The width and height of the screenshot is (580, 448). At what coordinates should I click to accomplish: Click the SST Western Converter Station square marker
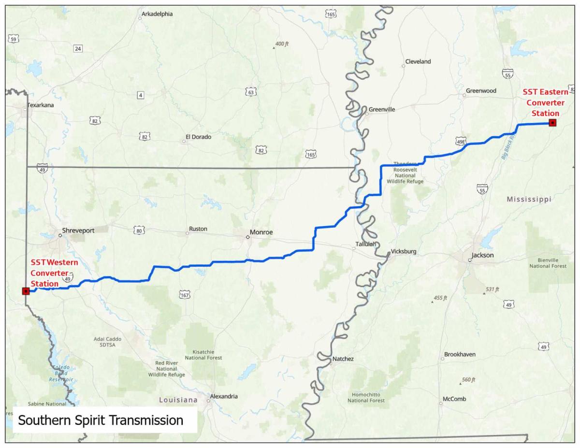[x=26, y=291]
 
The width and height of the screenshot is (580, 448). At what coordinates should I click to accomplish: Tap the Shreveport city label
[x=78, y=231]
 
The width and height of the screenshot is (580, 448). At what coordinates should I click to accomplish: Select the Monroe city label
[x=261, y=232]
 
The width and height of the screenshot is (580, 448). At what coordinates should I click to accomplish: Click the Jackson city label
[x=483, y=255]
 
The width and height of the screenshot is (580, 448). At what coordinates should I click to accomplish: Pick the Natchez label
[x=343, y=359]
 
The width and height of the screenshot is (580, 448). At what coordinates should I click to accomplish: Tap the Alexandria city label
[x=224, y=396]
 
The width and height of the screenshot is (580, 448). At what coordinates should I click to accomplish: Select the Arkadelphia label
[x=157, y=14]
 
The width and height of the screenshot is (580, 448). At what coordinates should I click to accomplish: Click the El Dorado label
[x=198, y=137]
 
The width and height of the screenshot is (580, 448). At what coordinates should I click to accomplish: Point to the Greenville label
[x=381, y=110]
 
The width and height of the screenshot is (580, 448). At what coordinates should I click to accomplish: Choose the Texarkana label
[x=41, y=105]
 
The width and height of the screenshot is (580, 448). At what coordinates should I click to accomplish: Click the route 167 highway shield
[x=185, y=295]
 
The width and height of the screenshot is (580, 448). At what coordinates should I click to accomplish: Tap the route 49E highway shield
[x=461, y=142]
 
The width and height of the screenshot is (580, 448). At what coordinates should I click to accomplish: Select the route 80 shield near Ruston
[x=139, y=231]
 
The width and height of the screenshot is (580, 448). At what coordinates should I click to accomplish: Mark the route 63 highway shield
[x=250, y=92]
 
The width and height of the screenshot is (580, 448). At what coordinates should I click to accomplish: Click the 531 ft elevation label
[x=492, y=289]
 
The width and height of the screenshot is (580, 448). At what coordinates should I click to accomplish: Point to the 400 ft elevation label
[x=282, y=44]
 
